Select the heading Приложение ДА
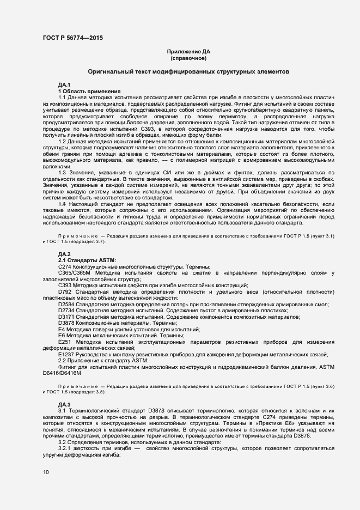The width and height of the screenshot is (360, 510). click(x=188, y=51)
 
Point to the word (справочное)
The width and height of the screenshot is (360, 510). click(x=188, y=57)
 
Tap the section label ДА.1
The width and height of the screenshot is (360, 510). click(x=64, y=85)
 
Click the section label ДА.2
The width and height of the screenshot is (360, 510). click(x=64, y=254)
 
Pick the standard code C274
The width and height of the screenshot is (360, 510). click(x=65, y=266)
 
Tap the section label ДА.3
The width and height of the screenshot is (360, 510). click(x=64, y=404)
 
